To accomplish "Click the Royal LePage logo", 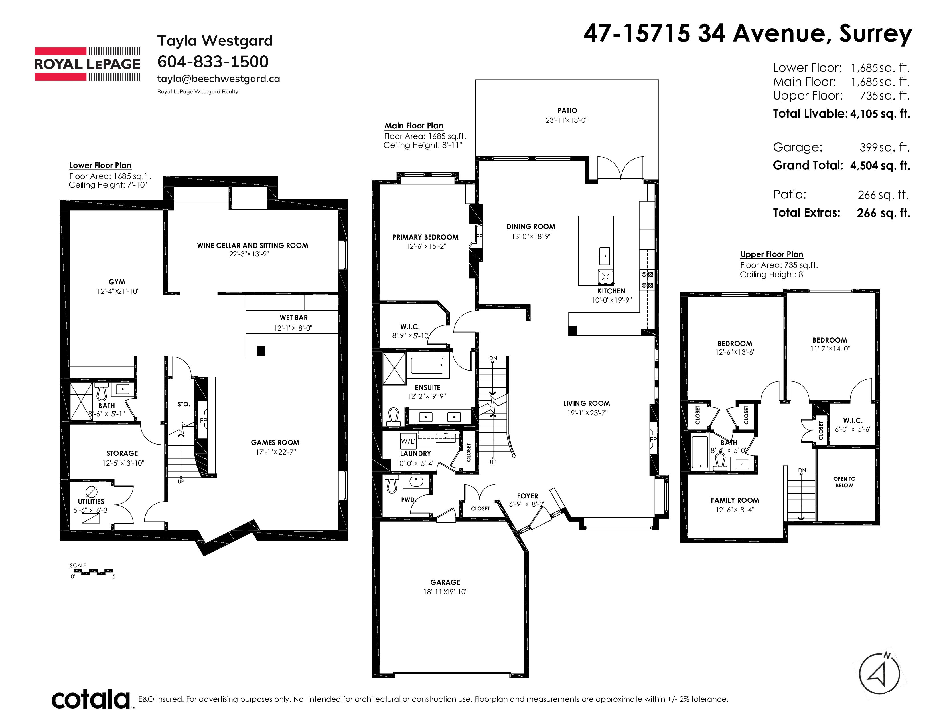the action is [88, 64].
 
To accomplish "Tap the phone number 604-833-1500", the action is [213, 62].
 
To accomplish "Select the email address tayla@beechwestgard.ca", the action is [218, 79].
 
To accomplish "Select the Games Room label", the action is [275, 443].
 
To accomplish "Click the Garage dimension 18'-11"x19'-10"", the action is [445, 592].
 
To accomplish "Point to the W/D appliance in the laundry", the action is [408, 441].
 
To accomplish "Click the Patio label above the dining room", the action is [567, 111].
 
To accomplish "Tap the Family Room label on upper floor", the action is [735, 500].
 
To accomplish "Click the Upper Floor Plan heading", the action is [772, 254].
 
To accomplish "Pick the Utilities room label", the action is [91, 502].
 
